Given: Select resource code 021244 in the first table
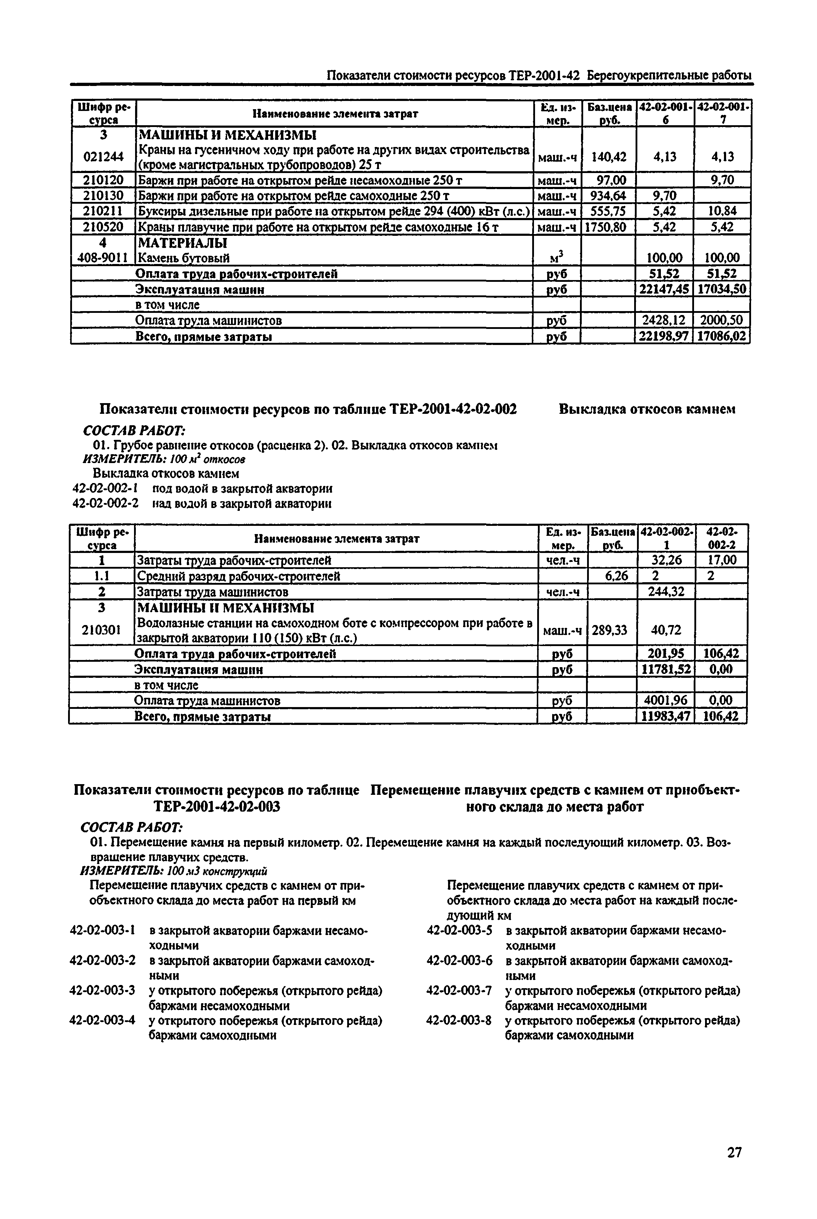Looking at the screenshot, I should click(103, 157).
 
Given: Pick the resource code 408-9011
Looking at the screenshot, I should click(103, 258).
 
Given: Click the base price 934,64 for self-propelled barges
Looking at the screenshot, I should click(607, 195).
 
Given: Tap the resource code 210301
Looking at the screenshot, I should click(102, 630).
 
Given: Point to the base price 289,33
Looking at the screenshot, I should click(610, 630).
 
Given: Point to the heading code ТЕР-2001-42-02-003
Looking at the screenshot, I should click(217, 807).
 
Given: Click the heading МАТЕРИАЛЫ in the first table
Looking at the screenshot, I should click(181, 243).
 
